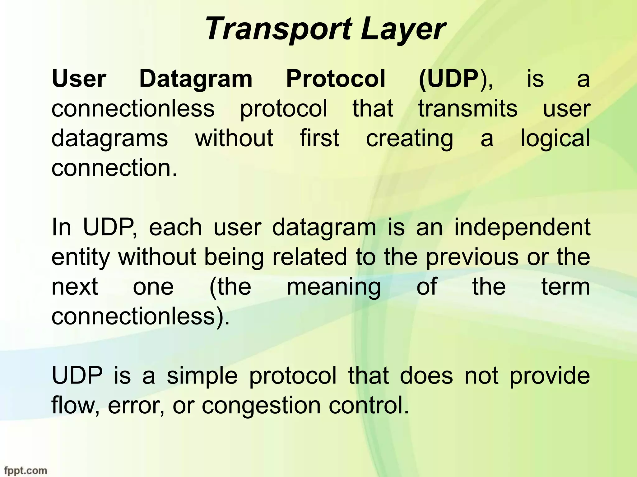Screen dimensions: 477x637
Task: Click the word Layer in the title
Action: click(403, 30)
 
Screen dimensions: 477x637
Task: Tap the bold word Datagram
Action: click(196, 79)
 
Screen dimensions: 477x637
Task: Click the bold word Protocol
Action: click(336, 79)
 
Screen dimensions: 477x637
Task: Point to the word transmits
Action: click(468, 109)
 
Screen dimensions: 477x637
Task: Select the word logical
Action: click(555, 139)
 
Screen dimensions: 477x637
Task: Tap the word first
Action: click(319, 138)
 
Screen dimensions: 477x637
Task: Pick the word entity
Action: click(81, 257)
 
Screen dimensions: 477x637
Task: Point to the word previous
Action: click(472, 257)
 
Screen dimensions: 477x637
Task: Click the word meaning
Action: click(333, 287)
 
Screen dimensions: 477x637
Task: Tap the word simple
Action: click(202, 376)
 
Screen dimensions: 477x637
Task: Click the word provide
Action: click(550, 376)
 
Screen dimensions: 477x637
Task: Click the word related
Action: click(309, 257)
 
